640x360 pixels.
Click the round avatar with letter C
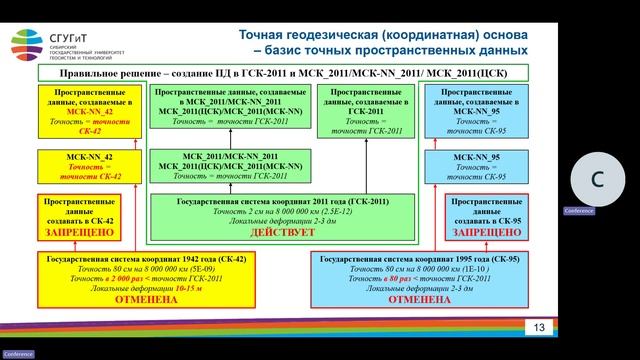click(x=597, y=180)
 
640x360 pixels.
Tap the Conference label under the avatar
click(x=579, y=211)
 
